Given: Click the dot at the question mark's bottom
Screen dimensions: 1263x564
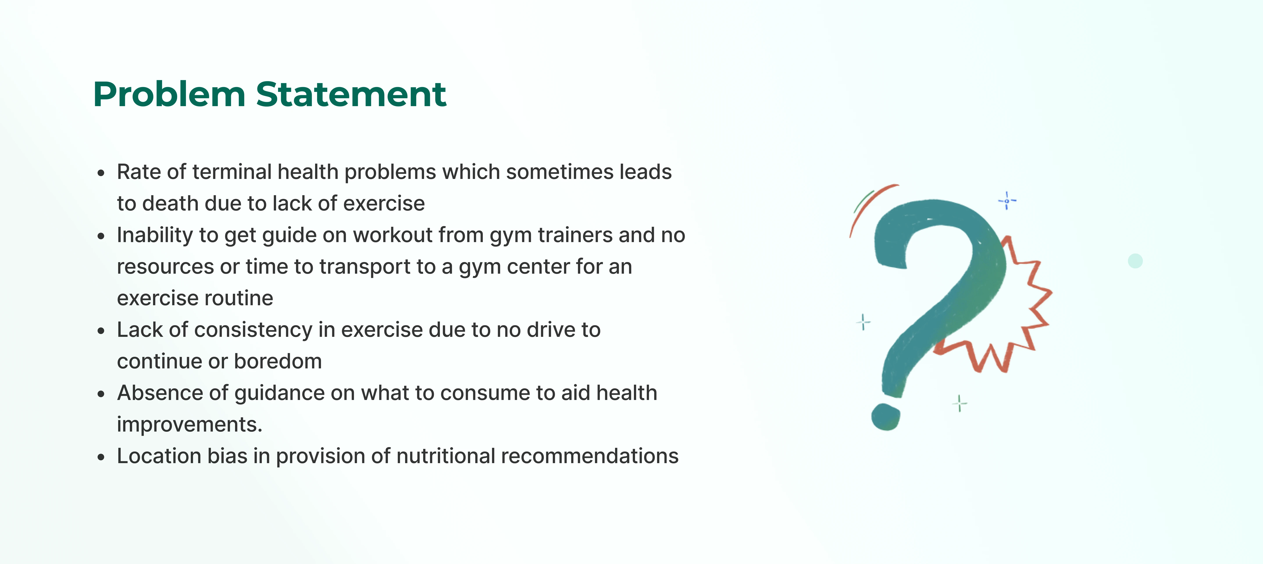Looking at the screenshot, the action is click(x=885, y=417).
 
